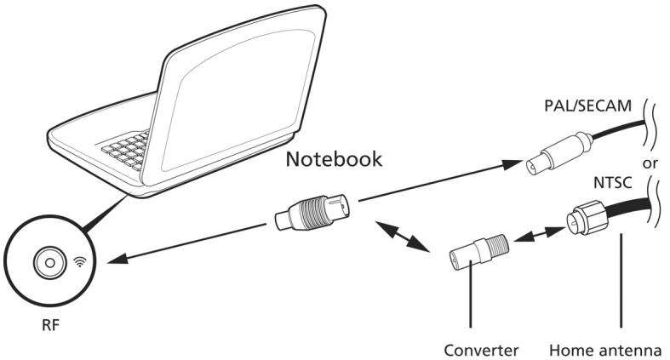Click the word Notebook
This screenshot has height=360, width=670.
(x=333, y=160)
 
